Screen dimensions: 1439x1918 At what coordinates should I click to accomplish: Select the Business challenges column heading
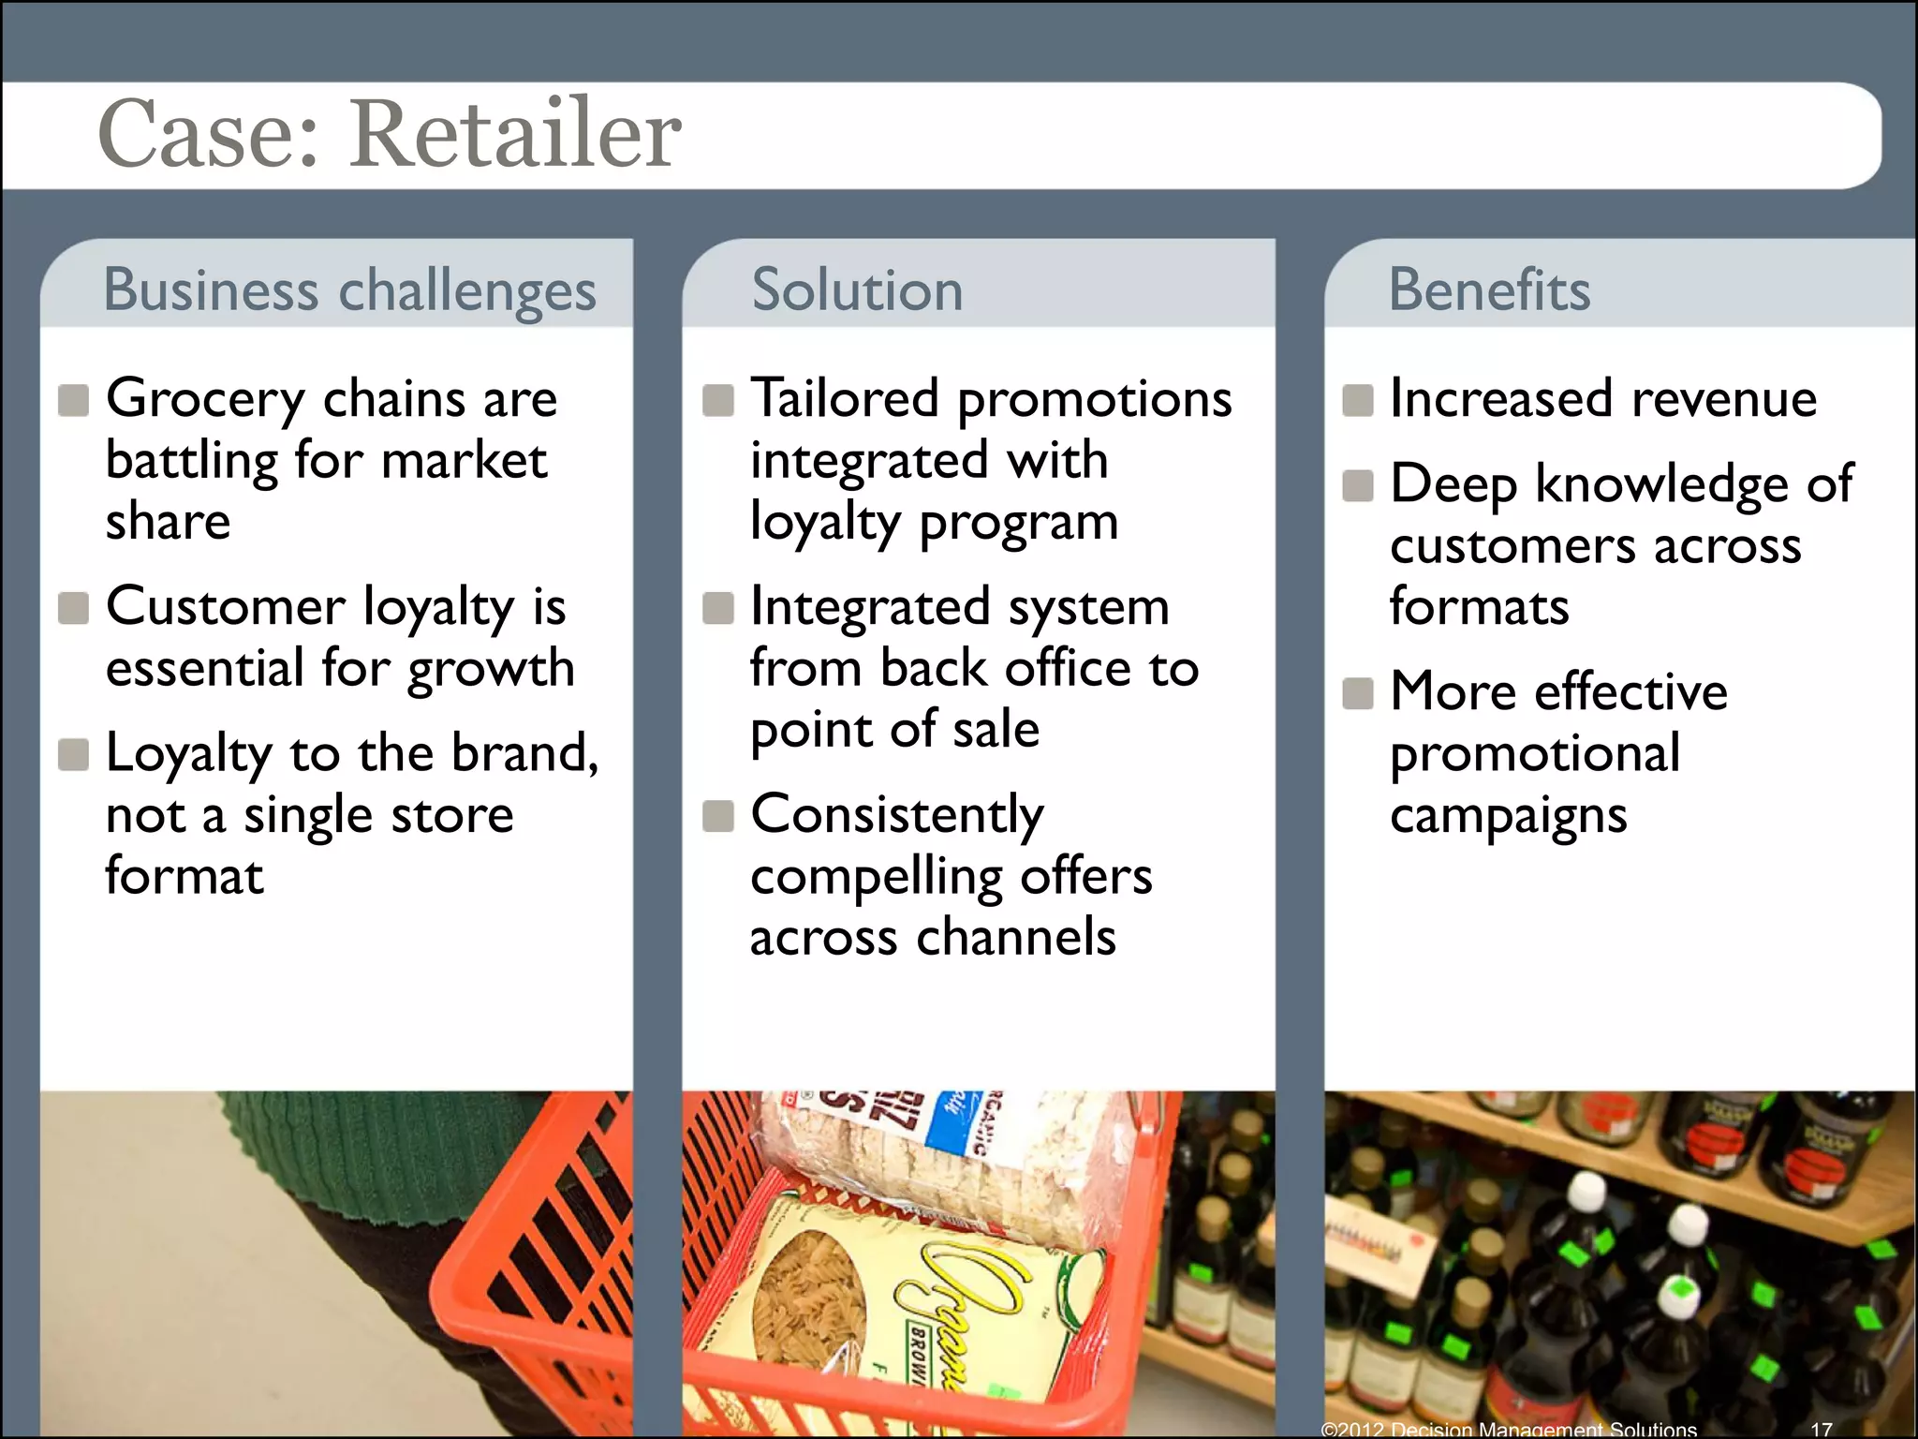tap(349, 289)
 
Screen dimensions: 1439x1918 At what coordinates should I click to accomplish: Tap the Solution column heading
tap(857, 289)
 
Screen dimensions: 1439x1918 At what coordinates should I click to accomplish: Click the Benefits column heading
tap(1489, 289)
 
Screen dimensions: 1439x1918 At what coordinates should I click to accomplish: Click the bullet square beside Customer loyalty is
tap(73, 608)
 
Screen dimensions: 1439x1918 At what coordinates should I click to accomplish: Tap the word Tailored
tap(845, 398)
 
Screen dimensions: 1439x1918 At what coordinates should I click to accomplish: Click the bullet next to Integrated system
tap(718, 608)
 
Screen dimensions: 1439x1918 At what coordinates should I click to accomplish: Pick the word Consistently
tap(896, 815)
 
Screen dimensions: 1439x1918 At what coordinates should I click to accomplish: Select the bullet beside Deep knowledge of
tap(1358, 485)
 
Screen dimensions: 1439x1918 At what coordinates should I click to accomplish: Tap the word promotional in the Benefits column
tap(1534, 754)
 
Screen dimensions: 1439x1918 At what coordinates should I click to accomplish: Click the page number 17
tap(1821, 1430)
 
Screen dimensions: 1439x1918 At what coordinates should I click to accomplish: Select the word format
tap(184, 876)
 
